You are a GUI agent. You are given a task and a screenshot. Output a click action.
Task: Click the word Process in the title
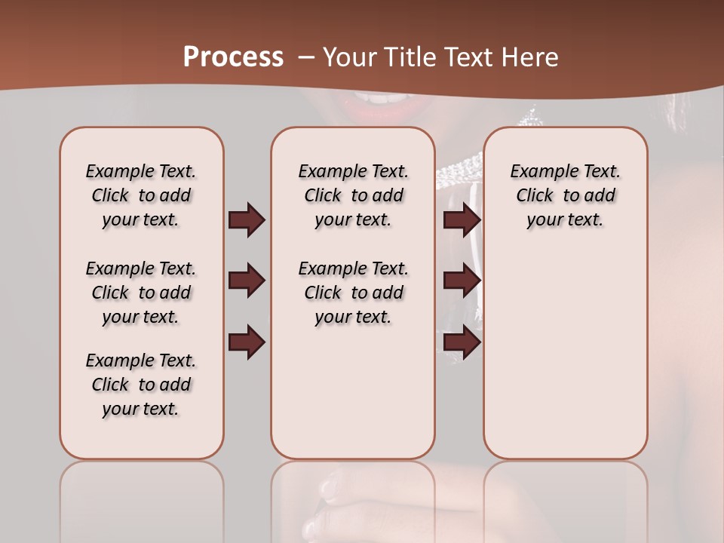[x=233, y=57]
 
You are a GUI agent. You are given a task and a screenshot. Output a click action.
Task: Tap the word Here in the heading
[x=531, y=57]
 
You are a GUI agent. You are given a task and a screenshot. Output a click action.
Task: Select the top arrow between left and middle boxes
[x=247, y=220]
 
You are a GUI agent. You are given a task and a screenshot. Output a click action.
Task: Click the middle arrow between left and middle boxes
[x=247, y=281]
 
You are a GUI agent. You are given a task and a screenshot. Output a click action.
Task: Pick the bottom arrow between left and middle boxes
[x=247, y=342]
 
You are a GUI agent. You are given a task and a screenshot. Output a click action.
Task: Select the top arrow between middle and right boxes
[x=462, y=220]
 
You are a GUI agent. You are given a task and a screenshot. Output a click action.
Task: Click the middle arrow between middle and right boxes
[x=462, y=281]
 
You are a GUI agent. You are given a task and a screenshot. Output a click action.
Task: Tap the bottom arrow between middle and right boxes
[x=462, y=342]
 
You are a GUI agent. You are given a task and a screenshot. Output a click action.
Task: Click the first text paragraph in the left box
[x=141, y=195]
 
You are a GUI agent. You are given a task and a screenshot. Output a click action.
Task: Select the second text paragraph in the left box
[x=141, y=293]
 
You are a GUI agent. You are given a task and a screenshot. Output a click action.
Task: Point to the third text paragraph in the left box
[x=141, y=385]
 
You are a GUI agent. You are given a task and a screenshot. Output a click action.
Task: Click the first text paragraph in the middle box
[x=353, y=195]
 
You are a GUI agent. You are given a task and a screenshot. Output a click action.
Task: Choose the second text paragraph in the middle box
[x=353, y=293]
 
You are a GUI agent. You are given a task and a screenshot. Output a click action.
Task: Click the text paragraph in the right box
[x=565, y=195]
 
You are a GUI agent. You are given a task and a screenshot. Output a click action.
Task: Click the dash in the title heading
[x=305, y=58]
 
